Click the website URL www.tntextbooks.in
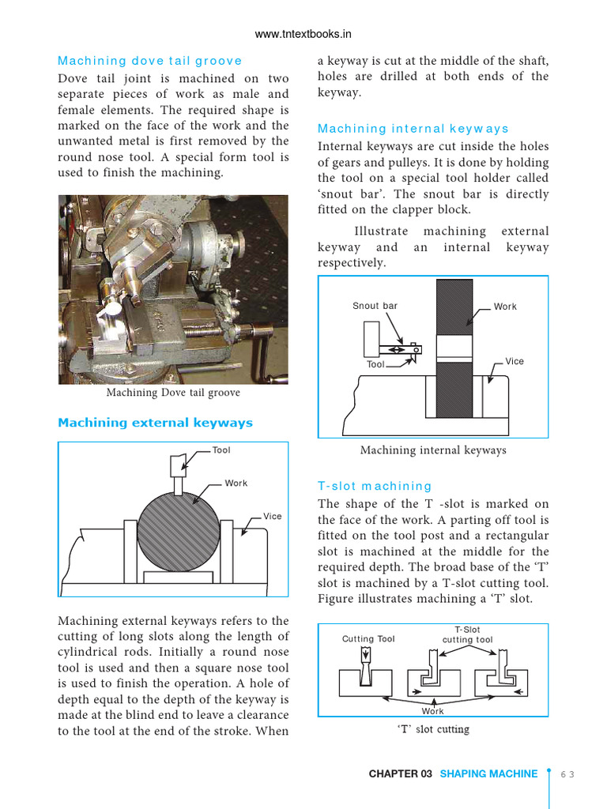(x=303, y=34)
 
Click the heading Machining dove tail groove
(x=150, y=61)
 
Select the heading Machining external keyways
(x=155, y=423)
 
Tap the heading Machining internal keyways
(x=413, y=129)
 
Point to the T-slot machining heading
(x=375, y=486)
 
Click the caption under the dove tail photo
(x=173, y=393)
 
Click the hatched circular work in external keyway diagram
(x=178, y=530)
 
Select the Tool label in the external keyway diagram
(x=221, y=450)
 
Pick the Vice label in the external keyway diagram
(x=272, y=517)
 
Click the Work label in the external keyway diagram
(x=236, y=484)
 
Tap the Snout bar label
(x=375, y=307)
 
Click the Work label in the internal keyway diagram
(x=505, y=307)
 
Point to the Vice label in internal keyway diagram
(x=515, y=361)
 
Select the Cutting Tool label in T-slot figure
(x=368, y=639)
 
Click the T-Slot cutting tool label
(x=467, y=635)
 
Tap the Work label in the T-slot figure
(x=432, y=711)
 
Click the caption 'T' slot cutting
(x=432, y=729)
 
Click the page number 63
(x=567, y=774)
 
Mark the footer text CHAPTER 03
(x=400, y=774)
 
